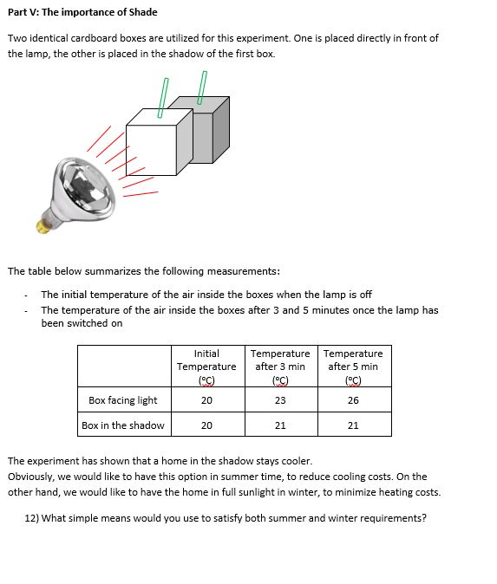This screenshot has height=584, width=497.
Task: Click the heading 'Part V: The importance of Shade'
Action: point(82,12)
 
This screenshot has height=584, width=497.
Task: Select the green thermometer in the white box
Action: point(163,98)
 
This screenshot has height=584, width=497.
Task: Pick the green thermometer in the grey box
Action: point(202,88)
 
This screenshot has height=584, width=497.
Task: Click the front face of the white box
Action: point(151,150)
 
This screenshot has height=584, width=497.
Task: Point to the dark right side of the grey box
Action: point(220,130)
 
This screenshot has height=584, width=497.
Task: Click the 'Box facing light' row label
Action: point(123,400)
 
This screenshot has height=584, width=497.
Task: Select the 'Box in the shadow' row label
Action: point(123,425)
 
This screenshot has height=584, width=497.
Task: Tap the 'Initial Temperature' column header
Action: point(206,367)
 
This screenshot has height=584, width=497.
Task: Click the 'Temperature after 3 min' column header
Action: point(280,367)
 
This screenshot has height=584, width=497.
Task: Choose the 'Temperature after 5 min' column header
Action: point(353,367)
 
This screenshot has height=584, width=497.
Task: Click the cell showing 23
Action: point(280,400)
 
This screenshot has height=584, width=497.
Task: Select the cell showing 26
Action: point(353,400)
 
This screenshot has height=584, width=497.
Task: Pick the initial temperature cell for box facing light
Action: point(206,400)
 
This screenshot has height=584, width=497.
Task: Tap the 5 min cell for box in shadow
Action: point(353,425)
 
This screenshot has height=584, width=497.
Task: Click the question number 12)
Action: point(32,518)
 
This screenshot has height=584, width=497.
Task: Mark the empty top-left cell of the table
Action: point(124,367)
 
